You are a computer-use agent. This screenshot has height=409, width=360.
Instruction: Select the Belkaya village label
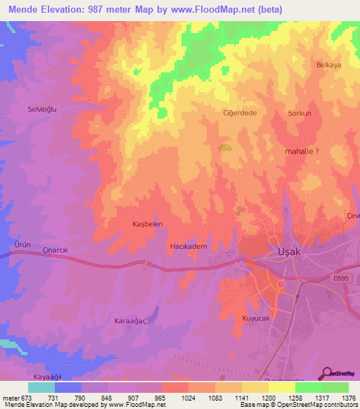point(328,65)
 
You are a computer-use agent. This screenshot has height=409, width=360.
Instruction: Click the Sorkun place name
point(300,112)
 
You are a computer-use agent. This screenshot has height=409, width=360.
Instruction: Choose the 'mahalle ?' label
point(300,150)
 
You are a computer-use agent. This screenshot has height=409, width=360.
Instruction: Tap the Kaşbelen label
point(148,223)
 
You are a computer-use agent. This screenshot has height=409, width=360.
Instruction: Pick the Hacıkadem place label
point(188,246)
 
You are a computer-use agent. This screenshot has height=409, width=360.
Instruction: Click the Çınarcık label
point(58,251)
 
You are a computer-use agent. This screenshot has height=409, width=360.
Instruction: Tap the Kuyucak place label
point(256,318)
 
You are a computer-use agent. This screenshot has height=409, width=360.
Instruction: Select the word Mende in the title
point(24,9)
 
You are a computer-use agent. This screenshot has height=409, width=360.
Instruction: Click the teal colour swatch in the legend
point(41,387)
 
